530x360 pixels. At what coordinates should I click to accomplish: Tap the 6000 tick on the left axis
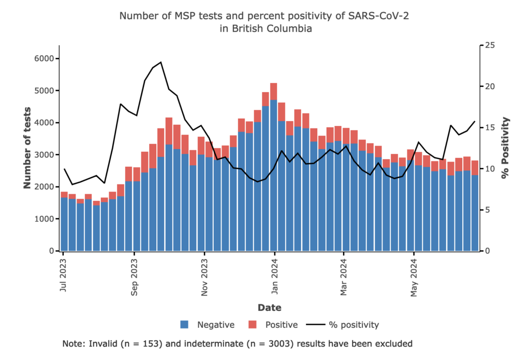[x=45, y=59]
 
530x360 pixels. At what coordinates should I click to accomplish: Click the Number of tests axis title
[x=26, y=148]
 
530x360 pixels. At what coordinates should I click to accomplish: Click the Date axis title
[x=269, y=308]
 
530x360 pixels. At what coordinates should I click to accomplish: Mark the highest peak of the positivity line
[x=161, y=62]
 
